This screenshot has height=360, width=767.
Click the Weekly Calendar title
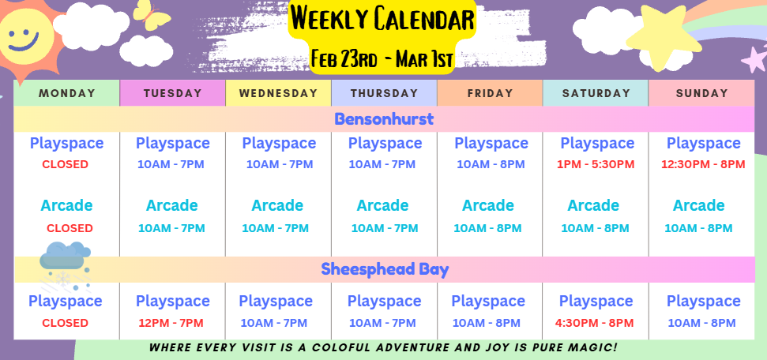pos(382,19)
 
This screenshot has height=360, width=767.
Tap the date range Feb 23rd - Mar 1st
pos(382,59)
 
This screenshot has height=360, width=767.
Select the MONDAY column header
pos(66,93)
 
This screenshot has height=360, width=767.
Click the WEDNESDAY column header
pos(278,93)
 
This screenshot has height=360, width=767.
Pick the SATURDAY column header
pos(596,93)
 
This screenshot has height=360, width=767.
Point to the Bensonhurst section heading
pos(384,119)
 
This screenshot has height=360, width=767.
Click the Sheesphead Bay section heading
pos(385,269)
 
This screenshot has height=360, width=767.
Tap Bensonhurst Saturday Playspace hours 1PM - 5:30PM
pos(596,164)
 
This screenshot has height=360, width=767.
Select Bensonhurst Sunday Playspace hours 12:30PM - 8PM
pos(703,164)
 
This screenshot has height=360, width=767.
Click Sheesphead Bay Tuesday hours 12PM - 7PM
pos(171,323)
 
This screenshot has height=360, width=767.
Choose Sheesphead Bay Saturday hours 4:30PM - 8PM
pos(594,323)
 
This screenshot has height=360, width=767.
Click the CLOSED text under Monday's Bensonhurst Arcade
pos(70,228)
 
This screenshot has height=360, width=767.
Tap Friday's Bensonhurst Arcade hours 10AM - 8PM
pos(487,228)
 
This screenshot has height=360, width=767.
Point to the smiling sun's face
pos(24,36)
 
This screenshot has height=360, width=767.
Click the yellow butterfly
pos(151,15)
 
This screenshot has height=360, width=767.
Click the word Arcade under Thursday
pos(382,205)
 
